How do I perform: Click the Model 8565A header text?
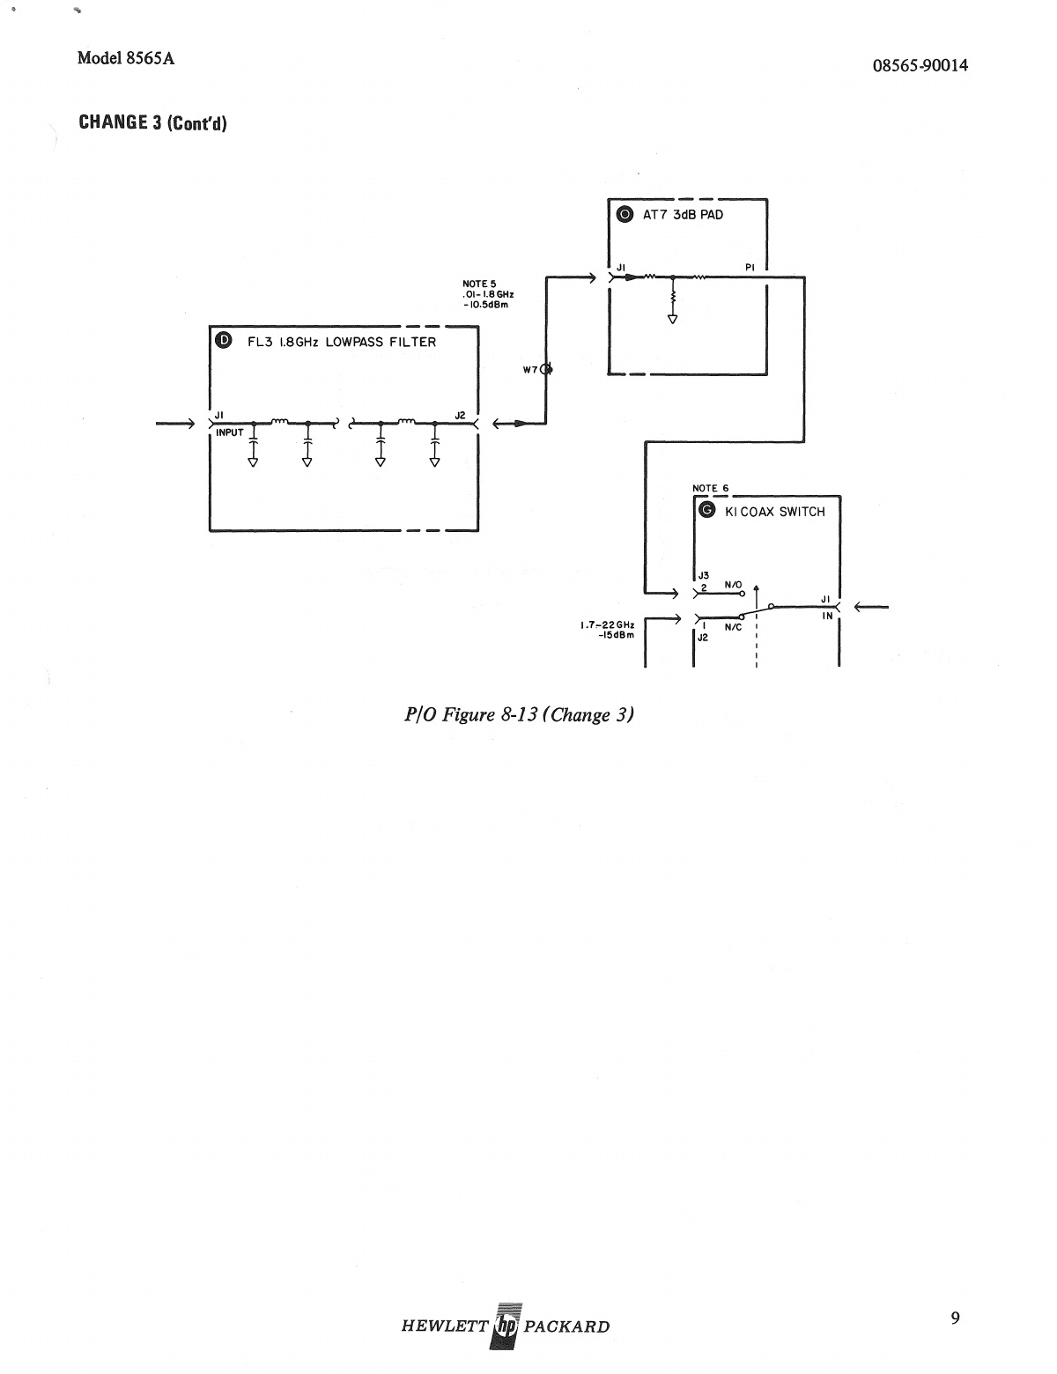(125, 58)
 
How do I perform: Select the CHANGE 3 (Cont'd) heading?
(152, 122)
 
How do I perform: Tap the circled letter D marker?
(223, 342)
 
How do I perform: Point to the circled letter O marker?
(624, 214)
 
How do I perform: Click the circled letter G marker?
(705, 511)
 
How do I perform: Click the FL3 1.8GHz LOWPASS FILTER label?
(336, 343)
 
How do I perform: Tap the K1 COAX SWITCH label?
(774, 512)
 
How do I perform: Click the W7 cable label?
(530, 370)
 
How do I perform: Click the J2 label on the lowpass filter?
(460, 414)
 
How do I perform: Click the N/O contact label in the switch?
(733, 584)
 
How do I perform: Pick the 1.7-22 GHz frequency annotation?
(607, 625)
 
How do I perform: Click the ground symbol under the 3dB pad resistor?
(673, 319)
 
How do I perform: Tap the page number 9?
(956, 1319)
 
